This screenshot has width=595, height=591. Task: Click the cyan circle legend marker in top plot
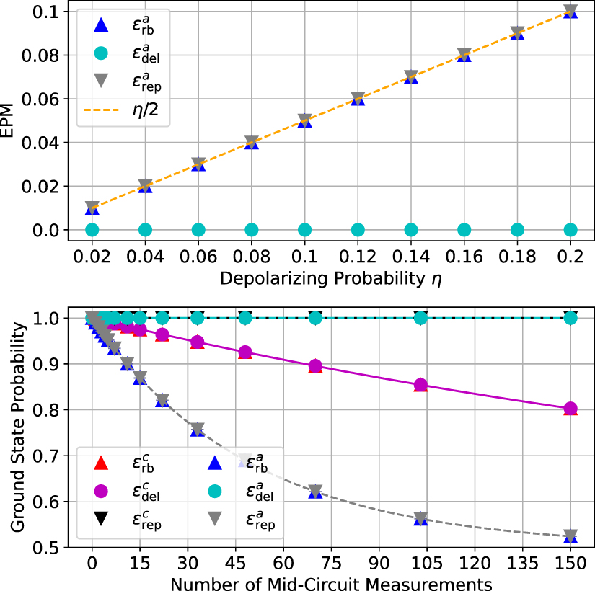[101, 53]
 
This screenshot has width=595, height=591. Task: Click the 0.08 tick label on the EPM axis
[42, 55]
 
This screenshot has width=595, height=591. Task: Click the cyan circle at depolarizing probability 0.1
[304, 230]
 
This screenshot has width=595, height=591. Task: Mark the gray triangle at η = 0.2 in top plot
[570, 11]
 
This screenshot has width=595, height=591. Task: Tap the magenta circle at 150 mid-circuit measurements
[570, 409]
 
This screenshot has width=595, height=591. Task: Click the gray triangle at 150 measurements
[570, 536]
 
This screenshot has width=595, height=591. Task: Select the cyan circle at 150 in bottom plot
[570, 317]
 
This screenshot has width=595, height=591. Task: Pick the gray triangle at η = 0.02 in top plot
[92, 208]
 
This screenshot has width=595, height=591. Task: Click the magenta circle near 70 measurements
[315, 365]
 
